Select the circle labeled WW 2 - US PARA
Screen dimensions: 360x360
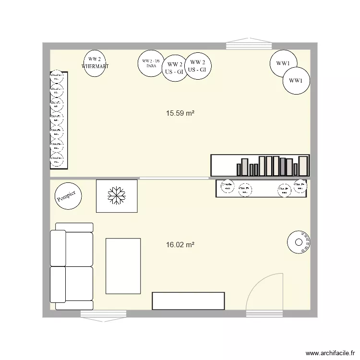(150, 63)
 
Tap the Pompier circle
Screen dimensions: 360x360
(68, 196)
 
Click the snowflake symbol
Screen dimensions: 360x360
(117, 195)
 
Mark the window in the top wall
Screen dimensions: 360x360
(249, 46)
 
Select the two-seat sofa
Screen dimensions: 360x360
(72, 266)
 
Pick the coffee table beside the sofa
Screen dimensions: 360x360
(123, 266)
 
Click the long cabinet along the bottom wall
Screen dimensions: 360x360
(188, 301)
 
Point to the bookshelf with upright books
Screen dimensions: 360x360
(260, 165)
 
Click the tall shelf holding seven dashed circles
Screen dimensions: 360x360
(59, 120)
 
